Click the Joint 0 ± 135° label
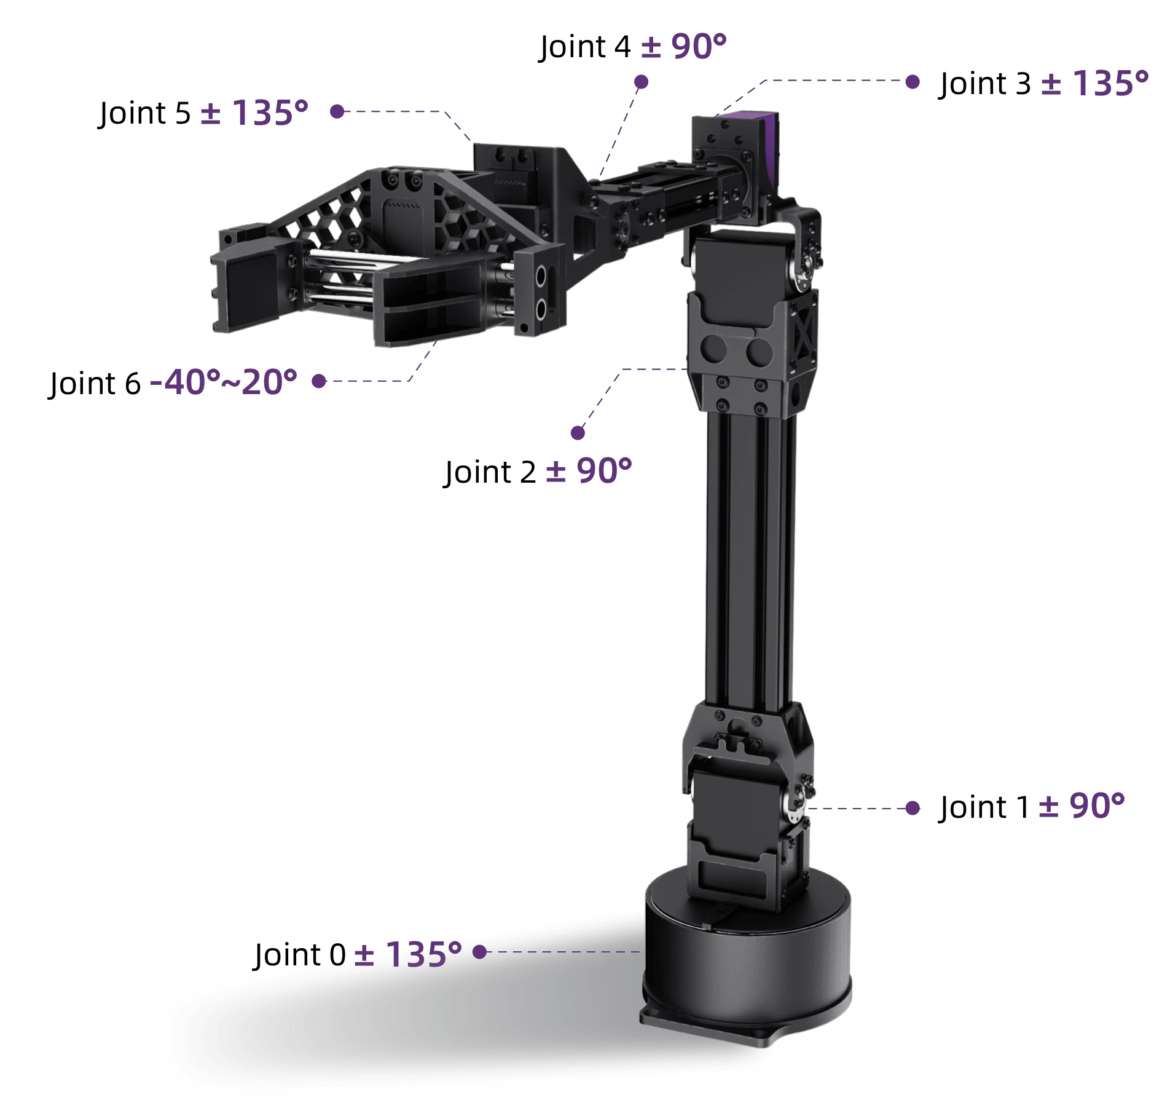click(358, 954)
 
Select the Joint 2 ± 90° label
click(538, 472)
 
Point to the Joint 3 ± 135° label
click(1043, 83)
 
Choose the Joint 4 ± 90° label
click(633, 46)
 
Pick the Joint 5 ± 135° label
click(203, 113)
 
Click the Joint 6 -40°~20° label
click(173, 382)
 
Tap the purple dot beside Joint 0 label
click(480, 952)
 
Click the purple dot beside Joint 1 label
click(913, 808)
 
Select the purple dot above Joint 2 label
click(578, 433)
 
